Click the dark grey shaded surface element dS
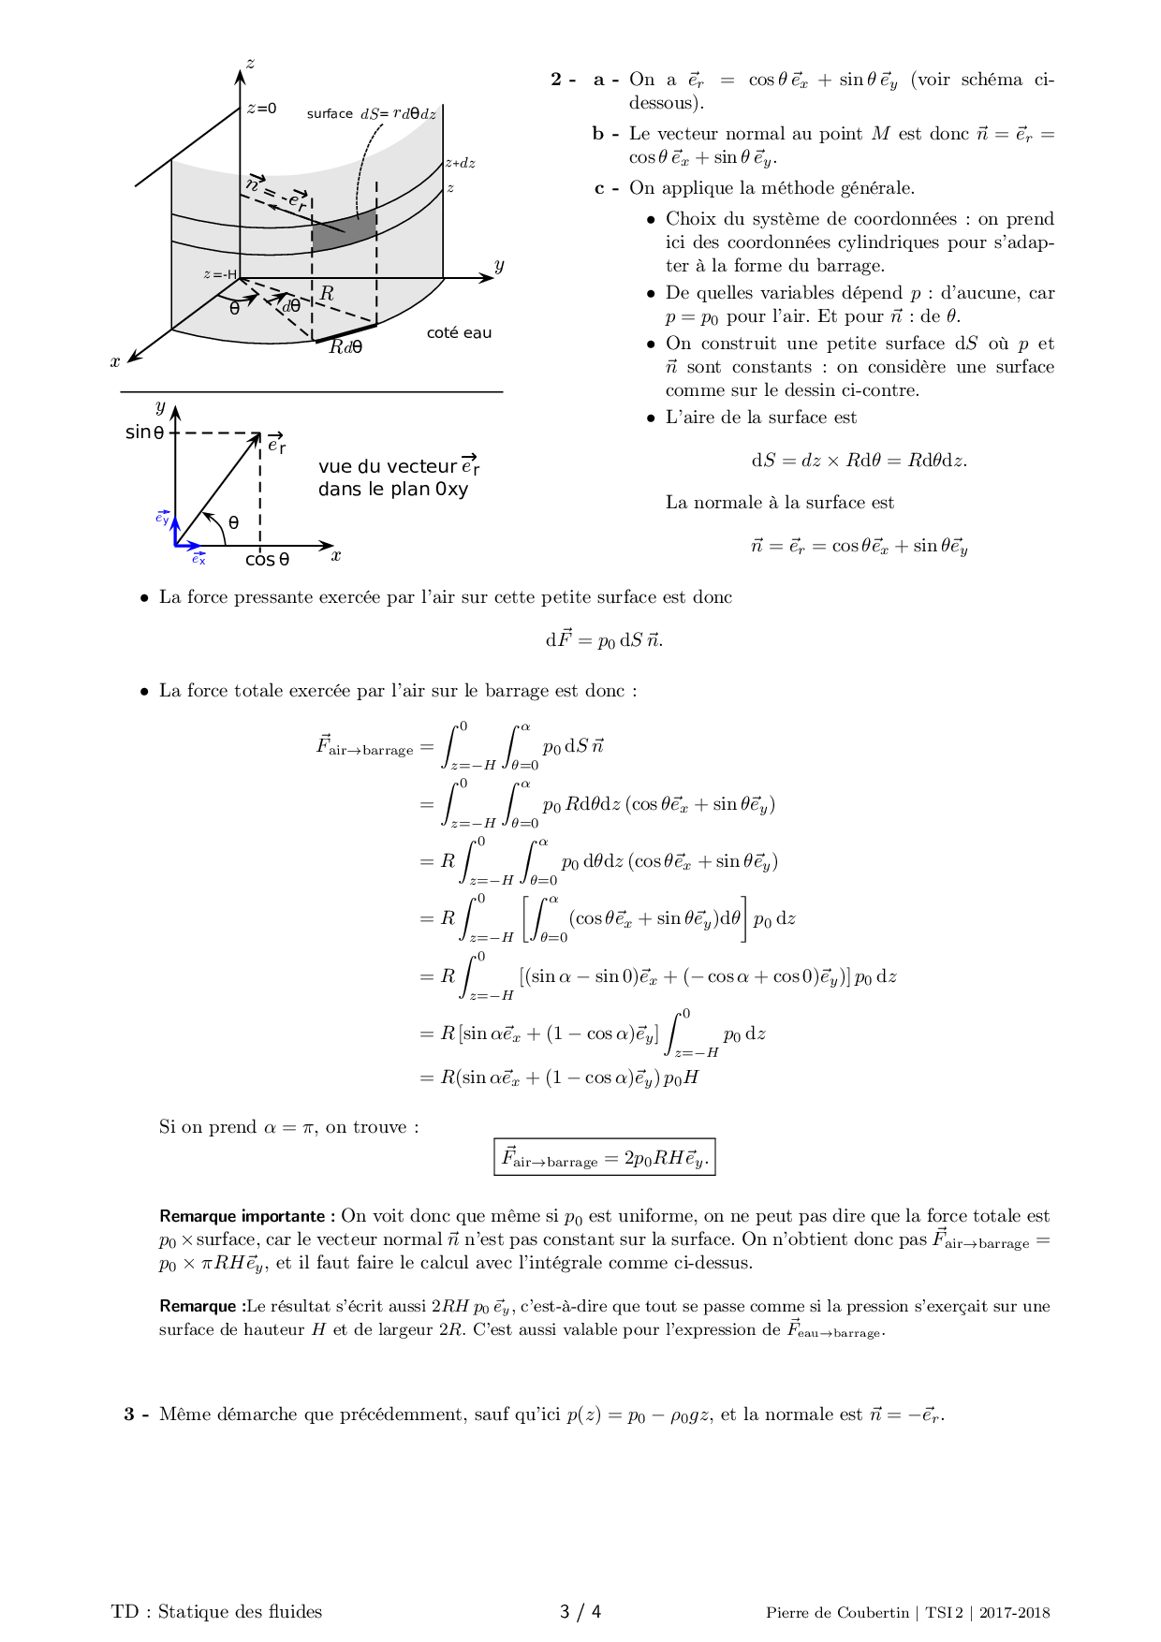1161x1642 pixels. tap(343, 232)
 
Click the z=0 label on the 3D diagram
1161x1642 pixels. tap(261, 109)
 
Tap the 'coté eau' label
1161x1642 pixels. tap(458, 333)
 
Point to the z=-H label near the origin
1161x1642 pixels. tap(220, 274)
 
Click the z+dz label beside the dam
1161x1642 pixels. tap(460, 163)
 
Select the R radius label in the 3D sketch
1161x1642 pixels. tap(327, 294)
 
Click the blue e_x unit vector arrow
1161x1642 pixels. tap(189, 545)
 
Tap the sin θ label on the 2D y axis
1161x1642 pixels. tap(144, 432)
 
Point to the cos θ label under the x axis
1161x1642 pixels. tap(267, 560)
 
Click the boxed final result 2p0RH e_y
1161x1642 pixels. tap(604, 1157)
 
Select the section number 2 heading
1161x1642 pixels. tap(563, 80)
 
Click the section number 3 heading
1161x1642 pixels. tap(136, 1414)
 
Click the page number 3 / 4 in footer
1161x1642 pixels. tap(580, 1611)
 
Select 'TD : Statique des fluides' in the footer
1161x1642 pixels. tap(216, 1611)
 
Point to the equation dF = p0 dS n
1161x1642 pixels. tap(604, 640)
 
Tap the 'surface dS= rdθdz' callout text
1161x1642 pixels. tap(371, 113)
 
